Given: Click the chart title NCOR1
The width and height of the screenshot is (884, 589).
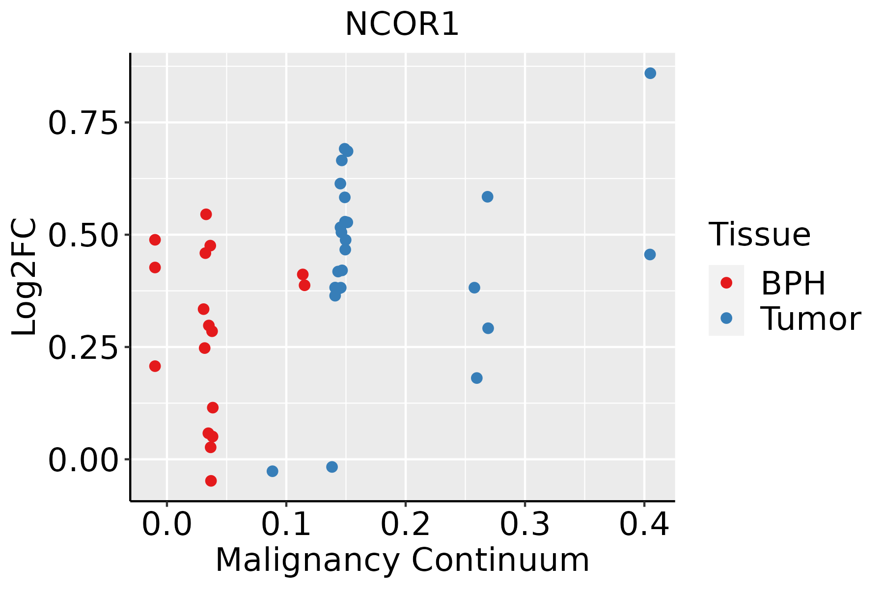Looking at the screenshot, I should point(402,25).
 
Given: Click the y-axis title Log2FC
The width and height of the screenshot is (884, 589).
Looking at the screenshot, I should point(25,277).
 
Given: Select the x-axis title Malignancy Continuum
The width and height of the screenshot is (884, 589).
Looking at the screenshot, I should point(402,561).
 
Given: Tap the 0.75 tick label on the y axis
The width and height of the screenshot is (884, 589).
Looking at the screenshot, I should point(83,123).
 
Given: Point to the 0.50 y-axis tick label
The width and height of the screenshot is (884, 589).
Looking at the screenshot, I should point(83,235).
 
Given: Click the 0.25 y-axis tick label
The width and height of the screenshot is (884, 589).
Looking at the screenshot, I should point(83,348).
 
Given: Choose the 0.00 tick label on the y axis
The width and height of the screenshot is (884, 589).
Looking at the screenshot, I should point(83,460).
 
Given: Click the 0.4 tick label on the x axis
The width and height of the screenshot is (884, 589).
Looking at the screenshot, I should point(644,525).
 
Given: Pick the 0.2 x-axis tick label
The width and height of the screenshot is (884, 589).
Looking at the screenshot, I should point(406,525).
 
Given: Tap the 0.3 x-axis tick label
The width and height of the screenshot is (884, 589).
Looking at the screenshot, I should point(525,525).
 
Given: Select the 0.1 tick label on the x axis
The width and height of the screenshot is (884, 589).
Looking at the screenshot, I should point(286,525).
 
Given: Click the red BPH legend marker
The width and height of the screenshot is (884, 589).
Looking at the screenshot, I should point(726,283).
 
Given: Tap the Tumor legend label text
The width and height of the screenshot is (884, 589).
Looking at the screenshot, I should point(811,319).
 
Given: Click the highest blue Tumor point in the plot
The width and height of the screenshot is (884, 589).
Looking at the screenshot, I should point(650,74).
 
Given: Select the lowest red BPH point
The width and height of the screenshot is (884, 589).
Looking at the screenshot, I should point(211,481).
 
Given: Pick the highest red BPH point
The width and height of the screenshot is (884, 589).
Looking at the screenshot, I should point(206,214).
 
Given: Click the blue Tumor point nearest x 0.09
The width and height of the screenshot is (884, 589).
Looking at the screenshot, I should point(273,471).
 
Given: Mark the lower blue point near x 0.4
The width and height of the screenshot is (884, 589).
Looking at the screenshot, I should point(650,255).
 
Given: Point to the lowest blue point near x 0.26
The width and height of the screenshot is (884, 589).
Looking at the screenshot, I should point(476,378).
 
